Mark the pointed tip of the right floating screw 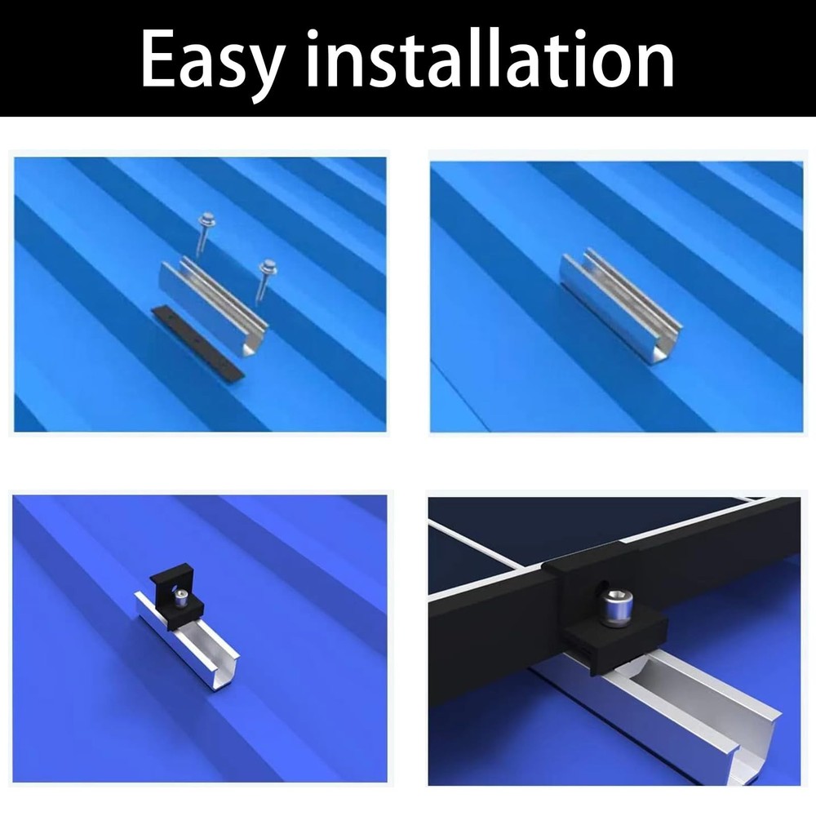(257, 307)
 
